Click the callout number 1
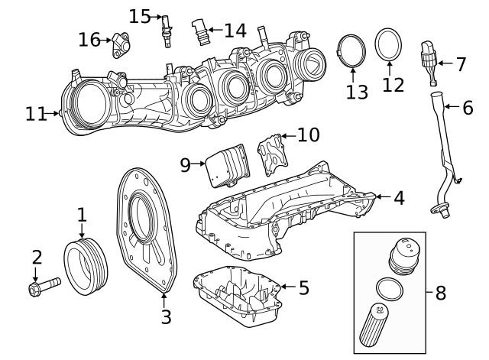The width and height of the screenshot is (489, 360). click(x=82, y=216)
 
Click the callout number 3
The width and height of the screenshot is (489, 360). click(x=166, y=316)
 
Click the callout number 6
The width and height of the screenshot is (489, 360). click(x=467, y=108)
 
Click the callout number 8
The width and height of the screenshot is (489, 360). click(x=440, y=293)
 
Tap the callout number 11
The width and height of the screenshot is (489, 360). click(x=35, y=114)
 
